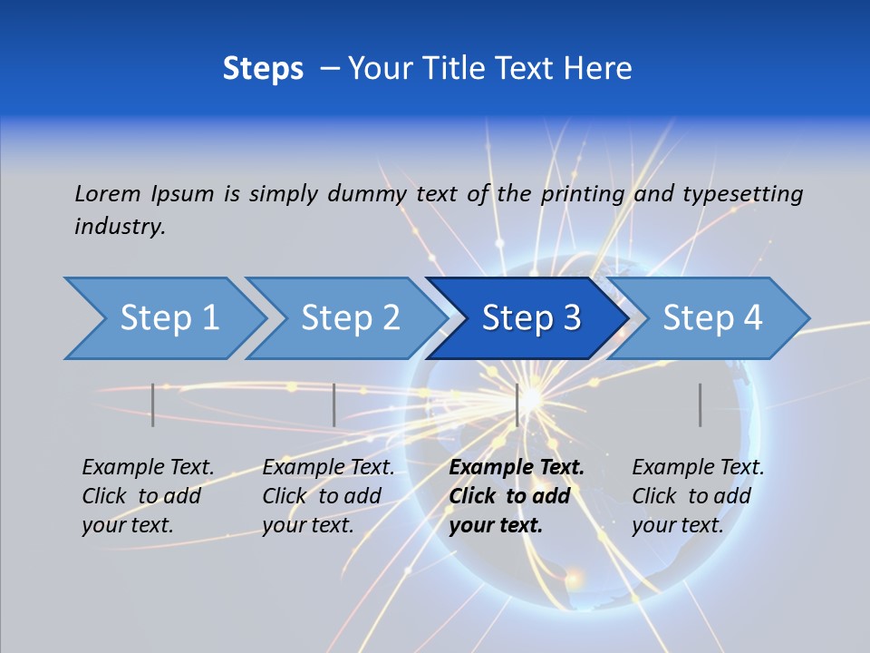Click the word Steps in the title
(263, 69)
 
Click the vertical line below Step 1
(153, 404)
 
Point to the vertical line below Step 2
(334, 404)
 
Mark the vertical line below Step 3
(517, 404)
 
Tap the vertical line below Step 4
(701, 404)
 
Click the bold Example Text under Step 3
(517, 467)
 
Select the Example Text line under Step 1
(148, 467)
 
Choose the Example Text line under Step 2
(328, 467)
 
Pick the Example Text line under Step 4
(698, 467)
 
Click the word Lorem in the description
(108, 193)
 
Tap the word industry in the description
(120, 227)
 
